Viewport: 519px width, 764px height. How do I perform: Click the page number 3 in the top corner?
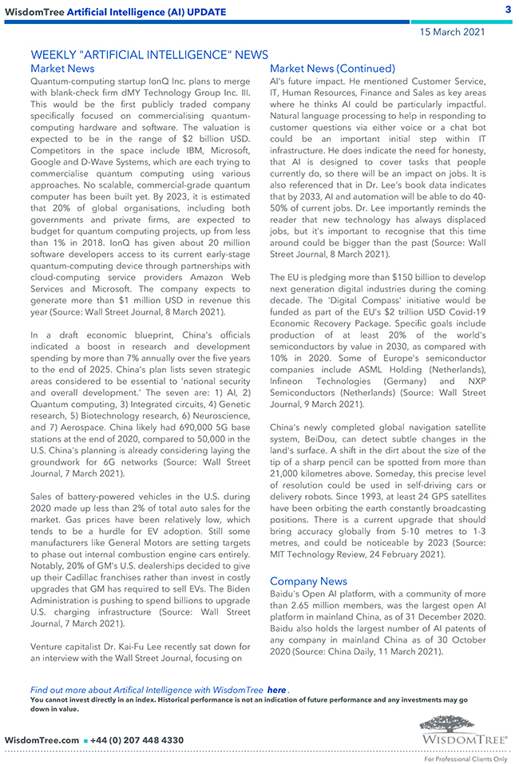[508, 10]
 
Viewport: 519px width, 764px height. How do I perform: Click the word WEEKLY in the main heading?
[52, 54]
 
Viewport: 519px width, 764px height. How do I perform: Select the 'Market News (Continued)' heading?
[332, 69]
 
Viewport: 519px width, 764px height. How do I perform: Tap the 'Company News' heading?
[308, 580]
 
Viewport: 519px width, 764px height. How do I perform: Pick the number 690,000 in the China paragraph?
[157, 429]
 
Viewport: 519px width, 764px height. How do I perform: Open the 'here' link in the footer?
[276, 689]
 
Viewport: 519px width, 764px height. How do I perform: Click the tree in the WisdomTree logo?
[462, 723]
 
